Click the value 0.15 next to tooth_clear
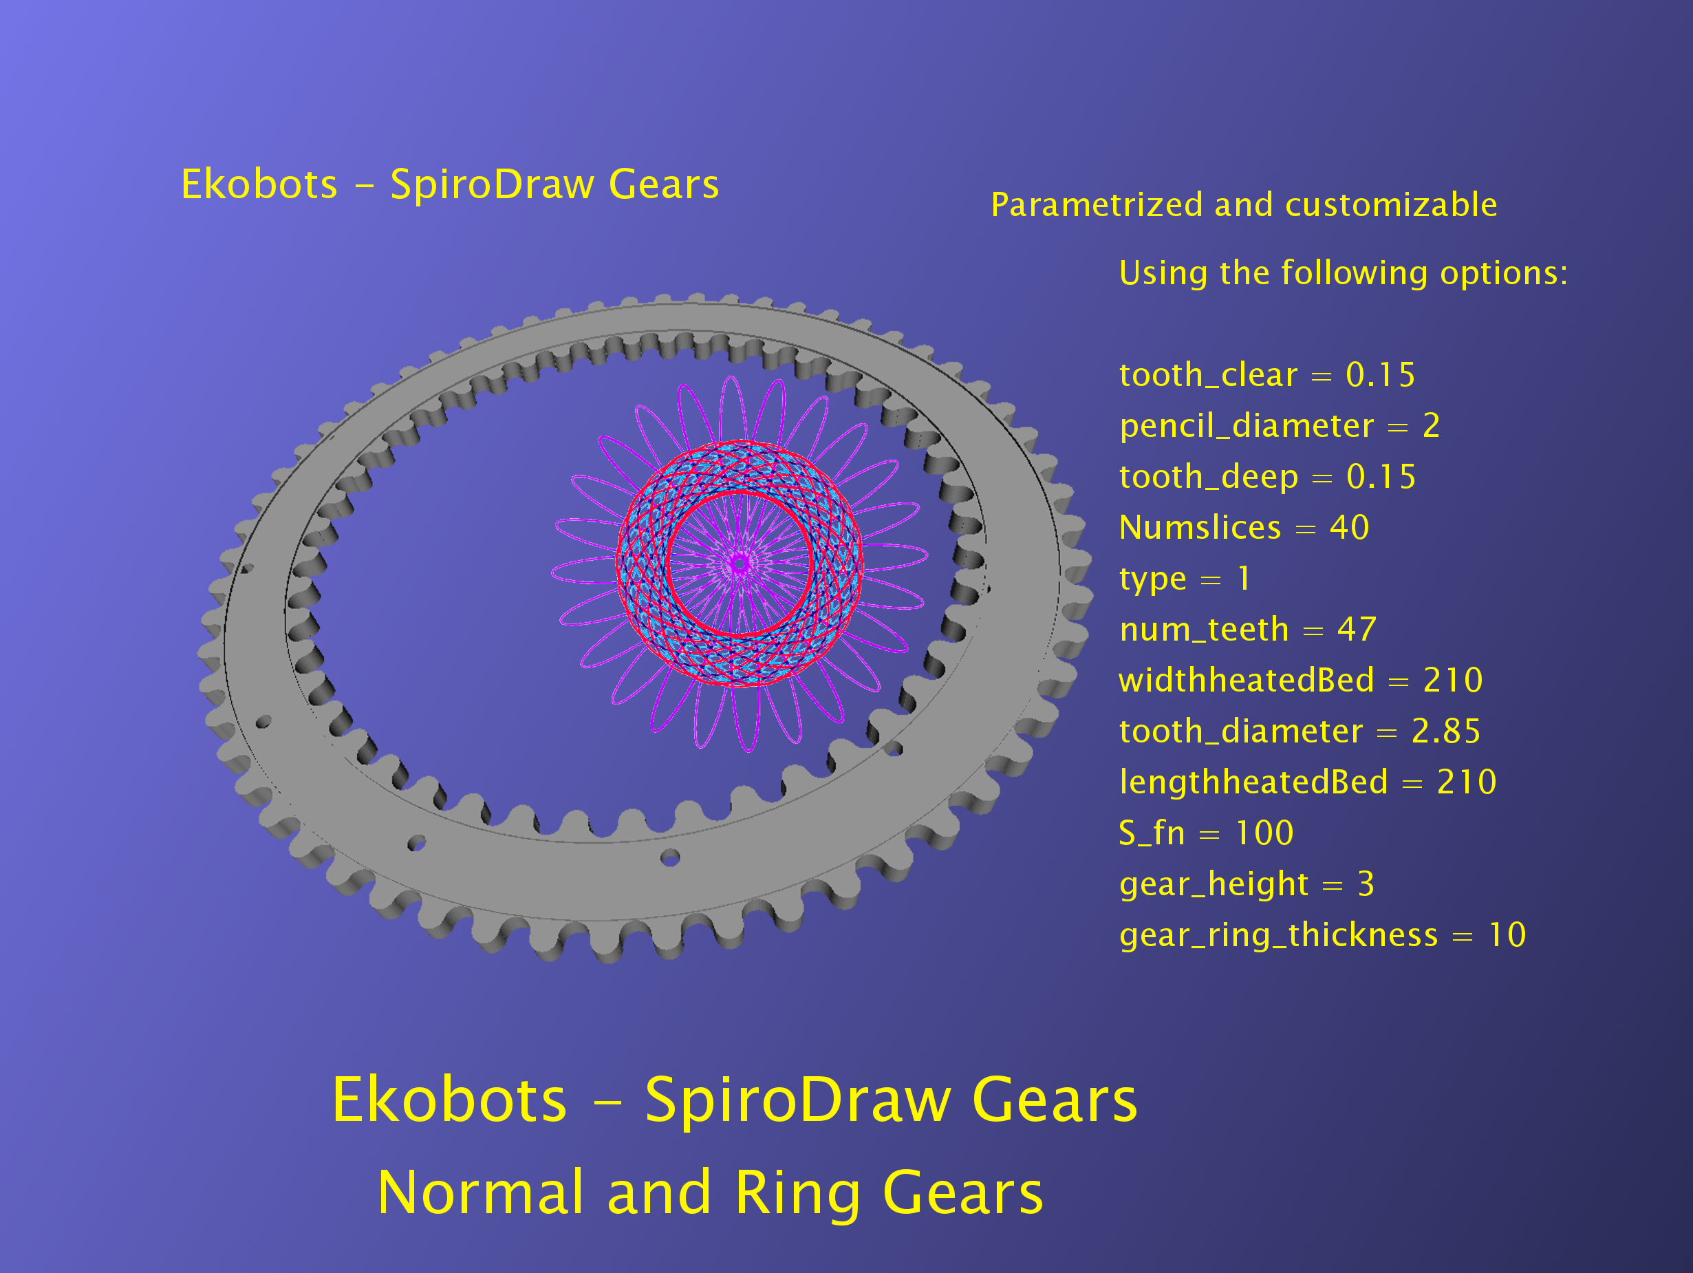[x=1380, y=375]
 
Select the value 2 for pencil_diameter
[x=1432, y=426]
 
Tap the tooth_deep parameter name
[x=1209, y=478]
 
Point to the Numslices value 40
[x=1349, y=527]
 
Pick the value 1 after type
[x=1244, y=579]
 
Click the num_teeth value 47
[x=1357, y=629]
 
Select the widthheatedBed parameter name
[x=1247, y=680]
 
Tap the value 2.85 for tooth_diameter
[x=1446, y=731]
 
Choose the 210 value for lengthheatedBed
[x=1467, y=782]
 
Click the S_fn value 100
[x=1264, y=833]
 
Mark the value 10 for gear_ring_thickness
[x=1507, y=934]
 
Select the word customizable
[x=1391, y=205]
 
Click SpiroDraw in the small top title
[x=492, y=185]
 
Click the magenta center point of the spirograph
[x=740, y=565]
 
